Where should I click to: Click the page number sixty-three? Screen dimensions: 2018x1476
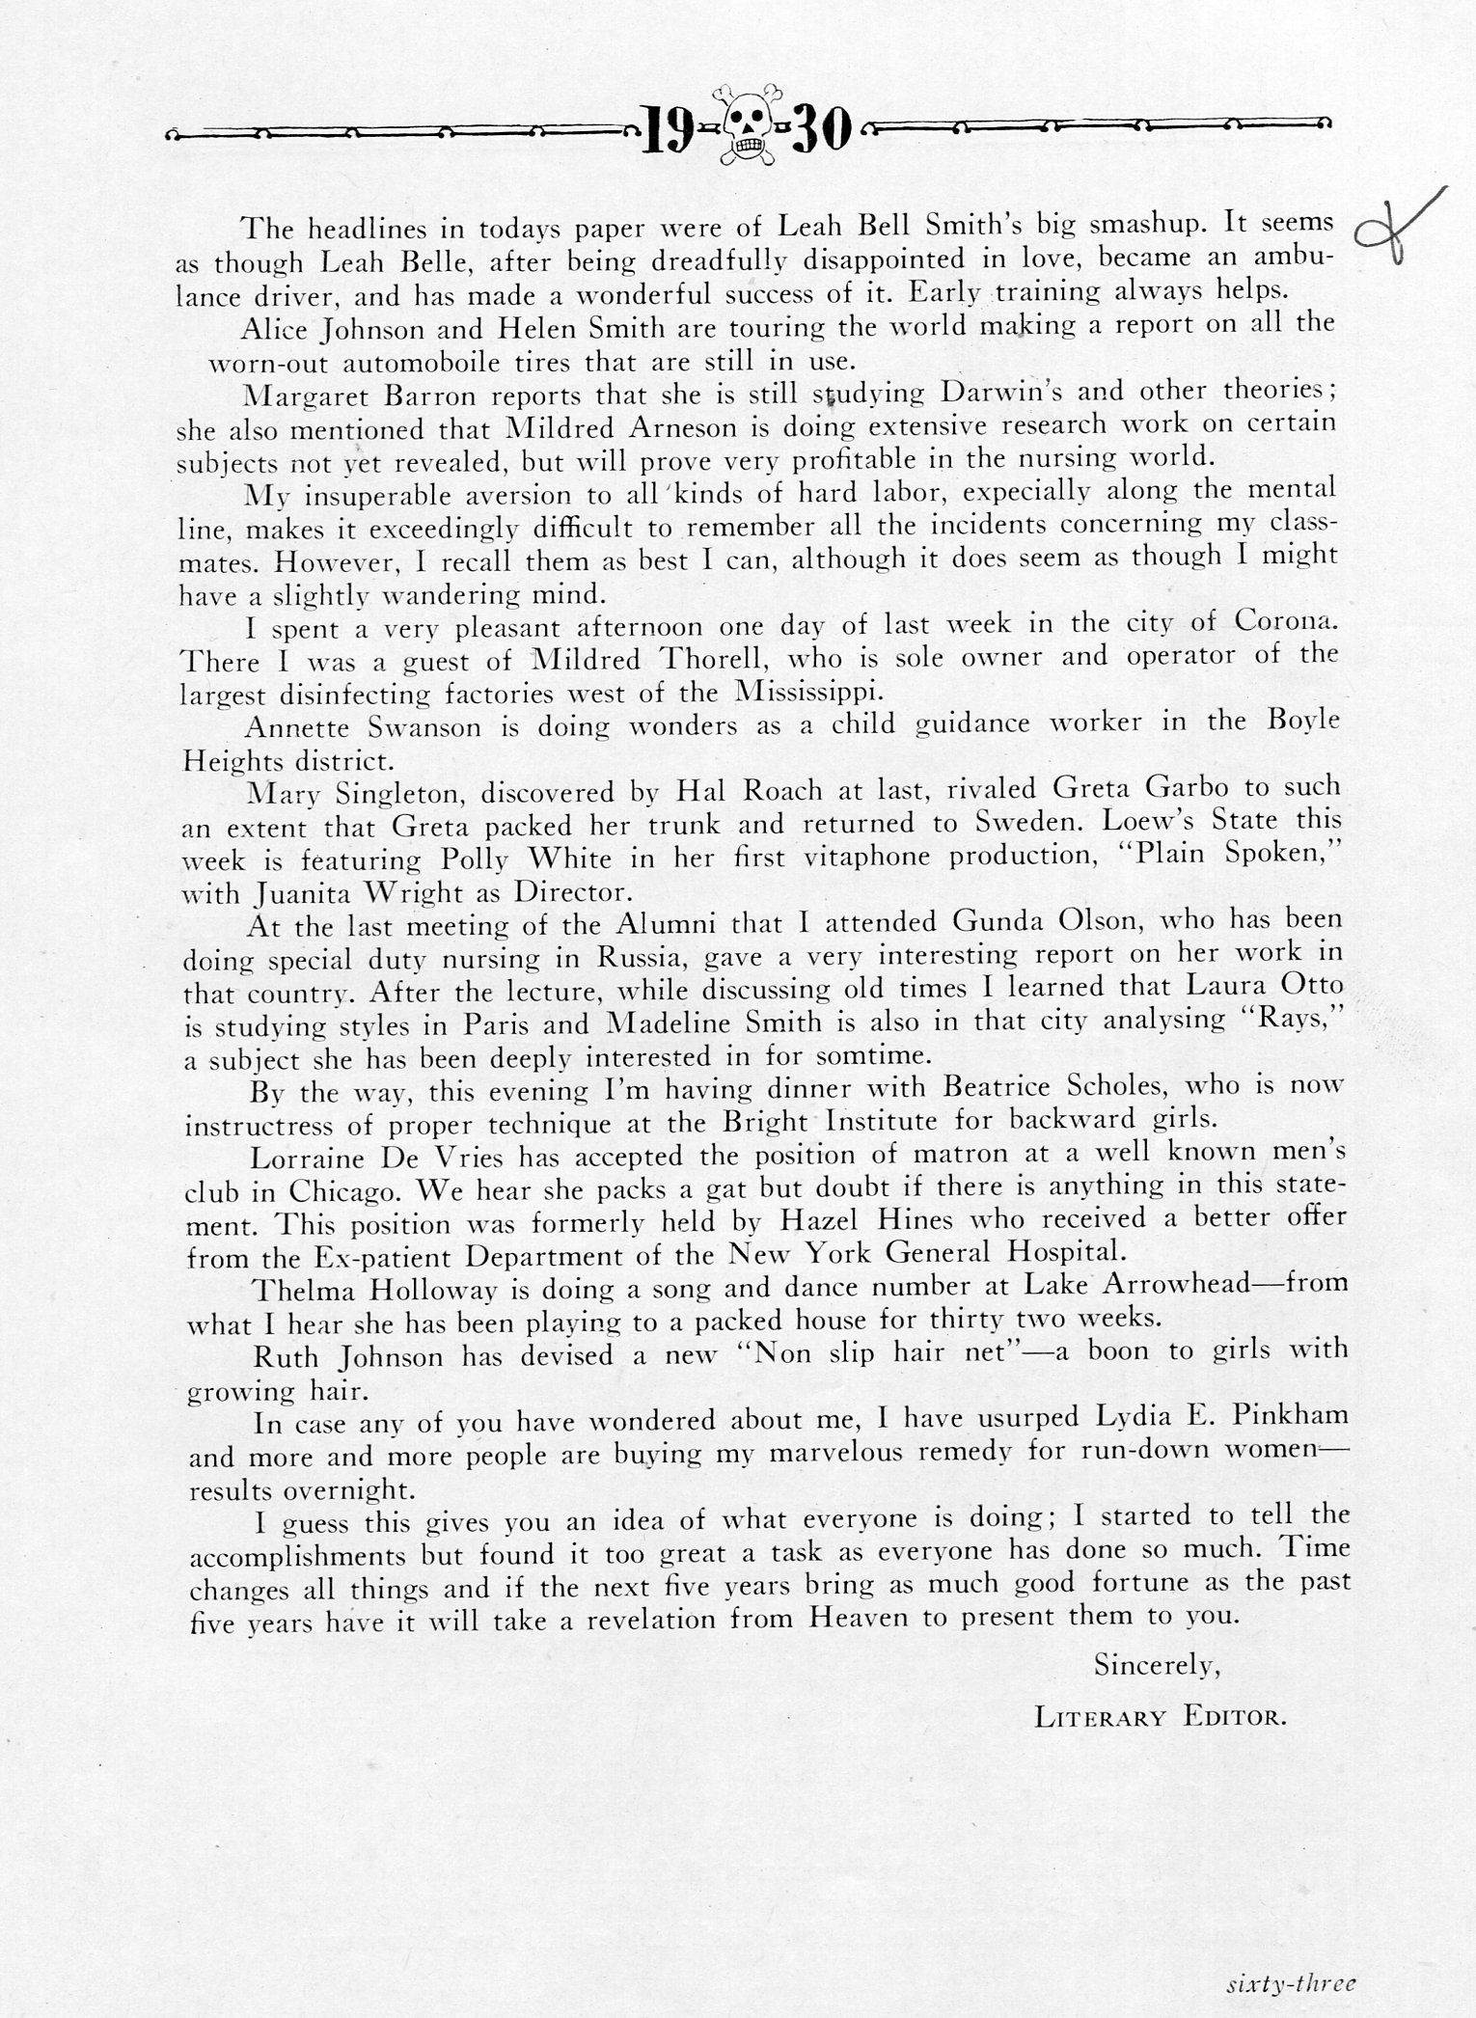[x=1292, y=1977]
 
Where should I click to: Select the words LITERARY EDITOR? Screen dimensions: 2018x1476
[x=1161, y=1716]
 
